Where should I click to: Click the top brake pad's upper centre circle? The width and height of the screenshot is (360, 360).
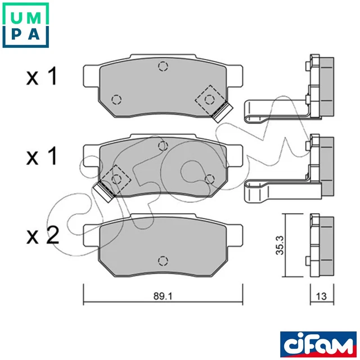163,67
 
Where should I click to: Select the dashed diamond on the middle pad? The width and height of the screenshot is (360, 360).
116,179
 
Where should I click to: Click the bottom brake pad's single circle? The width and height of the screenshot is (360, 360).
163,260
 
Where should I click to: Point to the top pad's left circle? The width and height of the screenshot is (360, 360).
116,100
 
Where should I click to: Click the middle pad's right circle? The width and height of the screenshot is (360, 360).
210,179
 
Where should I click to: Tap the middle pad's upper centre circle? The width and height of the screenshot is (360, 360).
163,146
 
